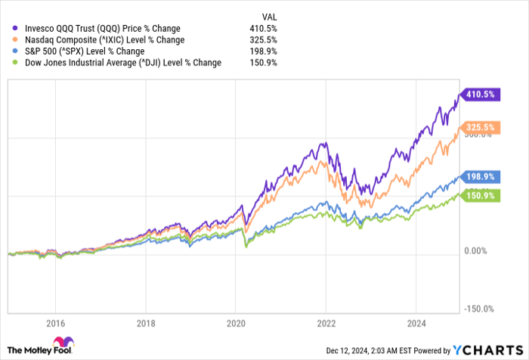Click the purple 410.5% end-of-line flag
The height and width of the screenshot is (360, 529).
[x=478, y=95]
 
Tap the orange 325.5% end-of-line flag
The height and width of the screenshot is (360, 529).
[x=478, y=127]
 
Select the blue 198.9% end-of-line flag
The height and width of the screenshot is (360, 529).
[x=478, y=176]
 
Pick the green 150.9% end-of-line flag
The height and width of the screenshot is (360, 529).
[x=478, y=196]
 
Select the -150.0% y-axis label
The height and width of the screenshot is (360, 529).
[x=480, y=309]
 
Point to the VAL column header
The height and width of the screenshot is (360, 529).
[x=268, y=14]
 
